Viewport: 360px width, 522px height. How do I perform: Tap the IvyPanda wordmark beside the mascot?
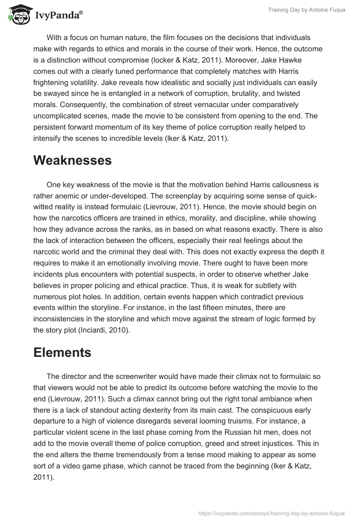click(x=58, y=16)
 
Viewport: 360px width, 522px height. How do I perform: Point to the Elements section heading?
click(x=62, y=353)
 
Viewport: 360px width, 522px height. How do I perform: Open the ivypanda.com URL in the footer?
click(x=271, y=513)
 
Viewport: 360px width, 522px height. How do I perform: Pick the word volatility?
click(x=100, y=83)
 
